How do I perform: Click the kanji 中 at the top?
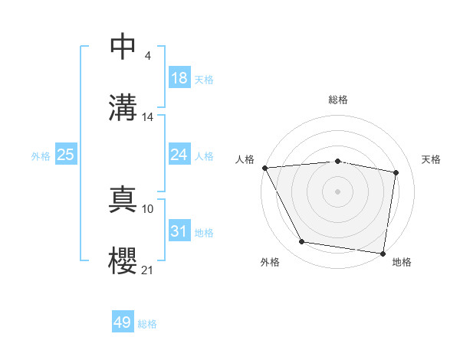[x=123, y=47]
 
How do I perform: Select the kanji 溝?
[x=123, y=106]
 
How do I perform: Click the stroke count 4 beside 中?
[x=147, y=56]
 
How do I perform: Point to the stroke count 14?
[x=148, y=117]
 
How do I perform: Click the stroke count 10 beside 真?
[x=148, y=208]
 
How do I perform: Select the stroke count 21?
[x=148, y=270]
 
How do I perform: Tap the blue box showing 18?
[x=179, y=78]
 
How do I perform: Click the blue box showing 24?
[x=179, y=155]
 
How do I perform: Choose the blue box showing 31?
[x=179, y=231]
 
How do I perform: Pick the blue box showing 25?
[x=65, y=155]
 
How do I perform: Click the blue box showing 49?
[x=123, y=322]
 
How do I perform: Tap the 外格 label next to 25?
[x=41, y=155]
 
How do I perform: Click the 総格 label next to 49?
[x=147, y=323]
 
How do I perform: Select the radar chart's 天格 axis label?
[x=432, y=159]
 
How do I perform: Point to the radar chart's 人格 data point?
[x=264, y=168]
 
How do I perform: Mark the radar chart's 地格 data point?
[x=383, y=253]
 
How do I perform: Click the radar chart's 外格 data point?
[x=301, y=242]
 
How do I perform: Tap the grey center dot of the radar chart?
[x=337, y=191]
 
